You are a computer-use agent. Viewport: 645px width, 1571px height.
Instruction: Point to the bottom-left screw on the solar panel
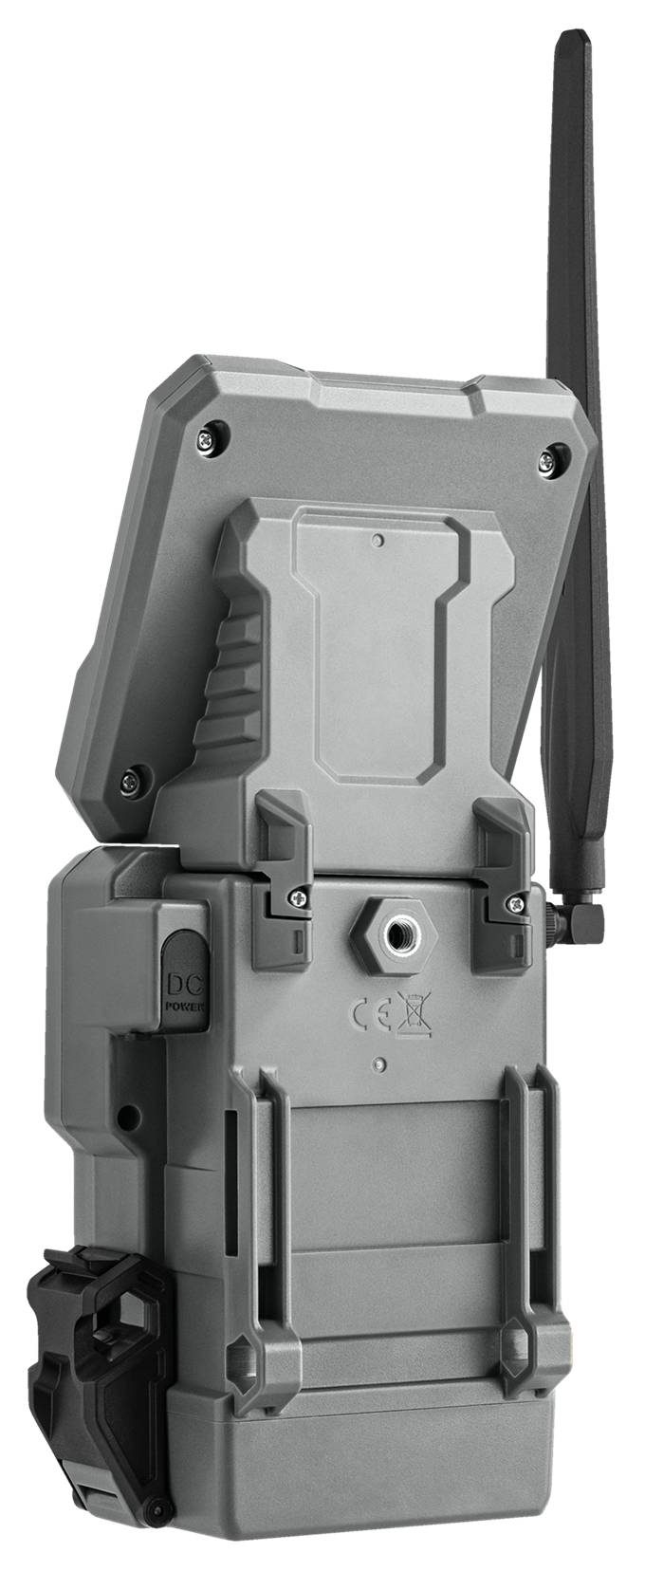click(131, 781)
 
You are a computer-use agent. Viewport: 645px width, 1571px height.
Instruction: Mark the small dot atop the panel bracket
click(378, 541)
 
